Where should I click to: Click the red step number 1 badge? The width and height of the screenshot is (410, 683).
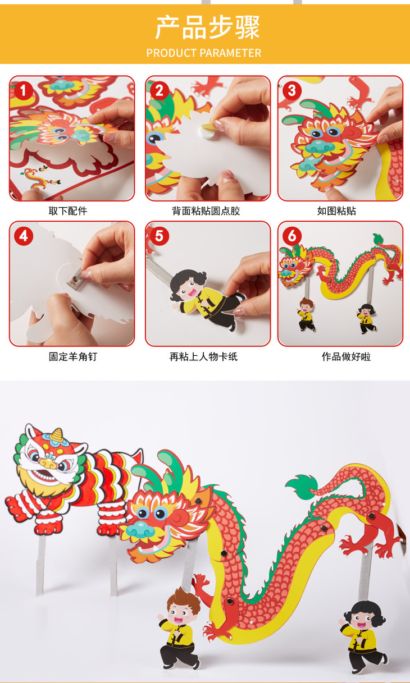[x=23, y=91]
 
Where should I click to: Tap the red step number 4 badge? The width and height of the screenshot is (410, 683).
[x=23, y=236]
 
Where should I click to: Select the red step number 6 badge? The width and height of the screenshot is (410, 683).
[x=292, y=236]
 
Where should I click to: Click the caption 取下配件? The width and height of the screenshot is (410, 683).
[x=68, y=210]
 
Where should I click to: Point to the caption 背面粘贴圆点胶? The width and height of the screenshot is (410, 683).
[x=206, y=210]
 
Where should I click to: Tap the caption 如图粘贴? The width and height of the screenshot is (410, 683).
[x=336, y=210]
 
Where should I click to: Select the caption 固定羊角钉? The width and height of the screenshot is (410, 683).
[x=73, y=356]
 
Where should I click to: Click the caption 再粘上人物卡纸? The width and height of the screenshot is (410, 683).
[x=203, y=356]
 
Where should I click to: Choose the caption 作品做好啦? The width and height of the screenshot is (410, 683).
[x=346, y=356]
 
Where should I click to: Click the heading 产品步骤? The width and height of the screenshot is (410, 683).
[x=207, y=27]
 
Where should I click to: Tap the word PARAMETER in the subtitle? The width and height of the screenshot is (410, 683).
[x=231, y=53]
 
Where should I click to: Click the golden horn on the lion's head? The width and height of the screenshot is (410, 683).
[x=57, y=435]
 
